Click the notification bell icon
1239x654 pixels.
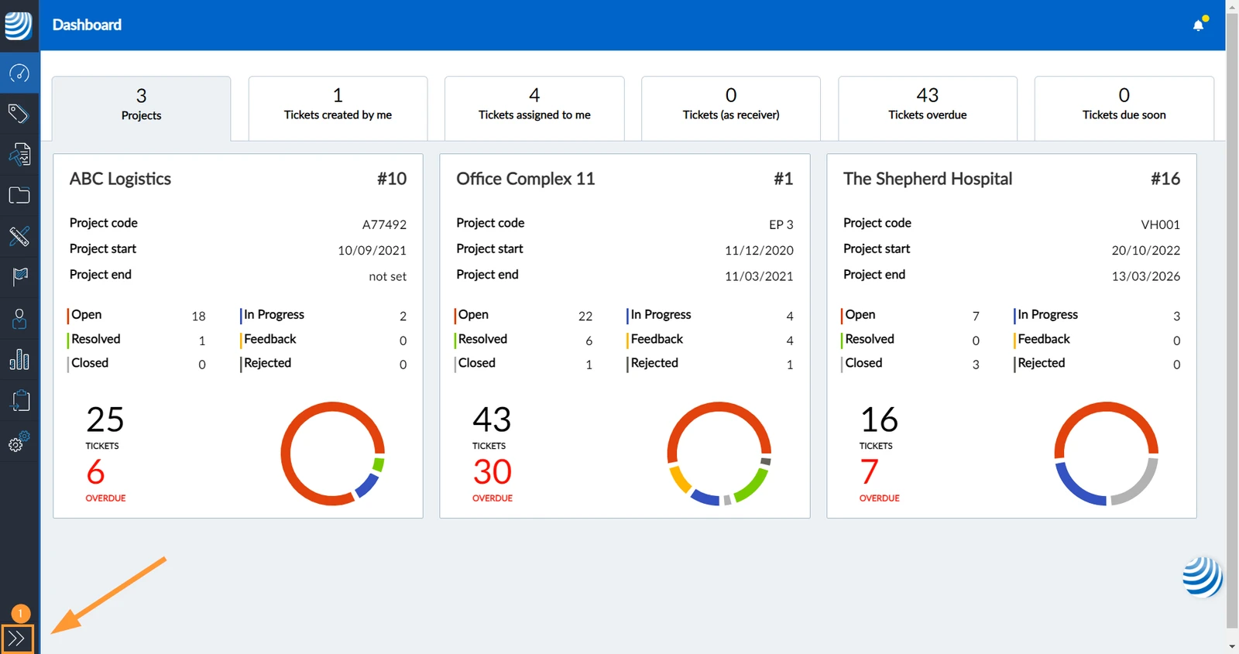pyautogui.click(x=1198, y=26)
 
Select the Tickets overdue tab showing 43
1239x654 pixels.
pyautogui.click(x=927, y=108)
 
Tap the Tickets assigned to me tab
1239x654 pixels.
pyautogui.click(x=534, y=108)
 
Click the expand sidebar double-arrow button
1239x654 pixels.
pyautogui.click(x=17, y=639)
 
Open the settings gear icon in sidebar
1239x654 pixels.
pyautogui.click(x=19, y=442)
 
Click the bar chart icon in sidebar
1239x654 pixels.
pyautogui.click(x=19, y=359)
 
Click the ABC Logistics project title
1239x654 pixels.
pyautogui.click(x=120, y=179)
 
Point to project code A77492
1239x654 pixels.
pyautogui.click(x=384, y=224)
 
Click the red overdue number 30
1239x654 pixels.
pyautogui.click(x=492, y=471)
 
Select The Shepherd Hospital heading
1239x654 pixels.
pyautogui.click(x=928, y=179)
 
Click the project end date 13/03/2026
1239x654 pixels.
pyautogui.click(x=1145, y=276)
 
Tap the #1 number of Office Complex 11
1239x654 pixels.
pyautogui.click(x=783, y=179)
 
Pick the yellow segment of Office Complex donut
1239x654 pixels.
pyautogui.click(x=680, y=479)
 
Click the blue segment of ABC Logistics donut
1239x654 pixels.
pyautogui.click(x=367, y=485)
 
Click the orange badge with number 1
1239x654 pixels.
pyautogui.click(x=20, y=613)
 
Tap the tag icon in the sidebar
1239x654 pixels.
pyautogui.click(x=19, y=113)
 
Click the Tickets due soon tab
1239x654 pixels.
pyautogui.click(x=1124, y=108)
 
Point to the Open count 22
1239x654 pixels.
pyautogui.click(x=585, y=316)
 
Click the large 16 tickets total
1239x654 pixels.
pyautogui.click(x=879, y=419)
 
